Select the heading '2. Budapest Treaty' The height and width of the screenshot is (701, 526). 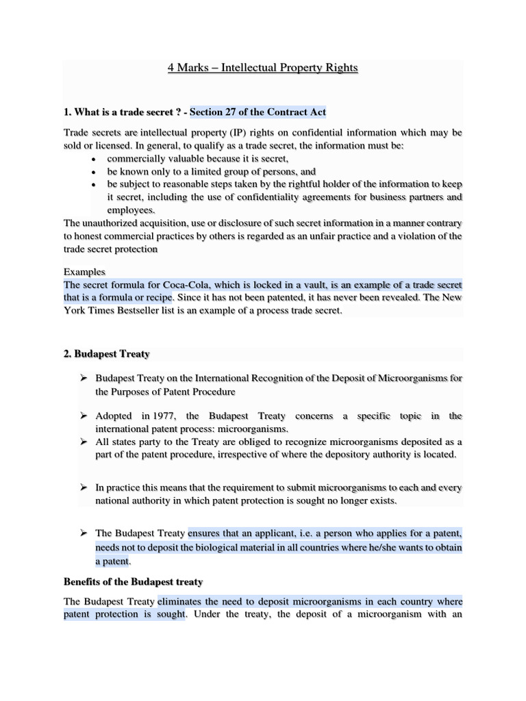coord(106,354)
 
